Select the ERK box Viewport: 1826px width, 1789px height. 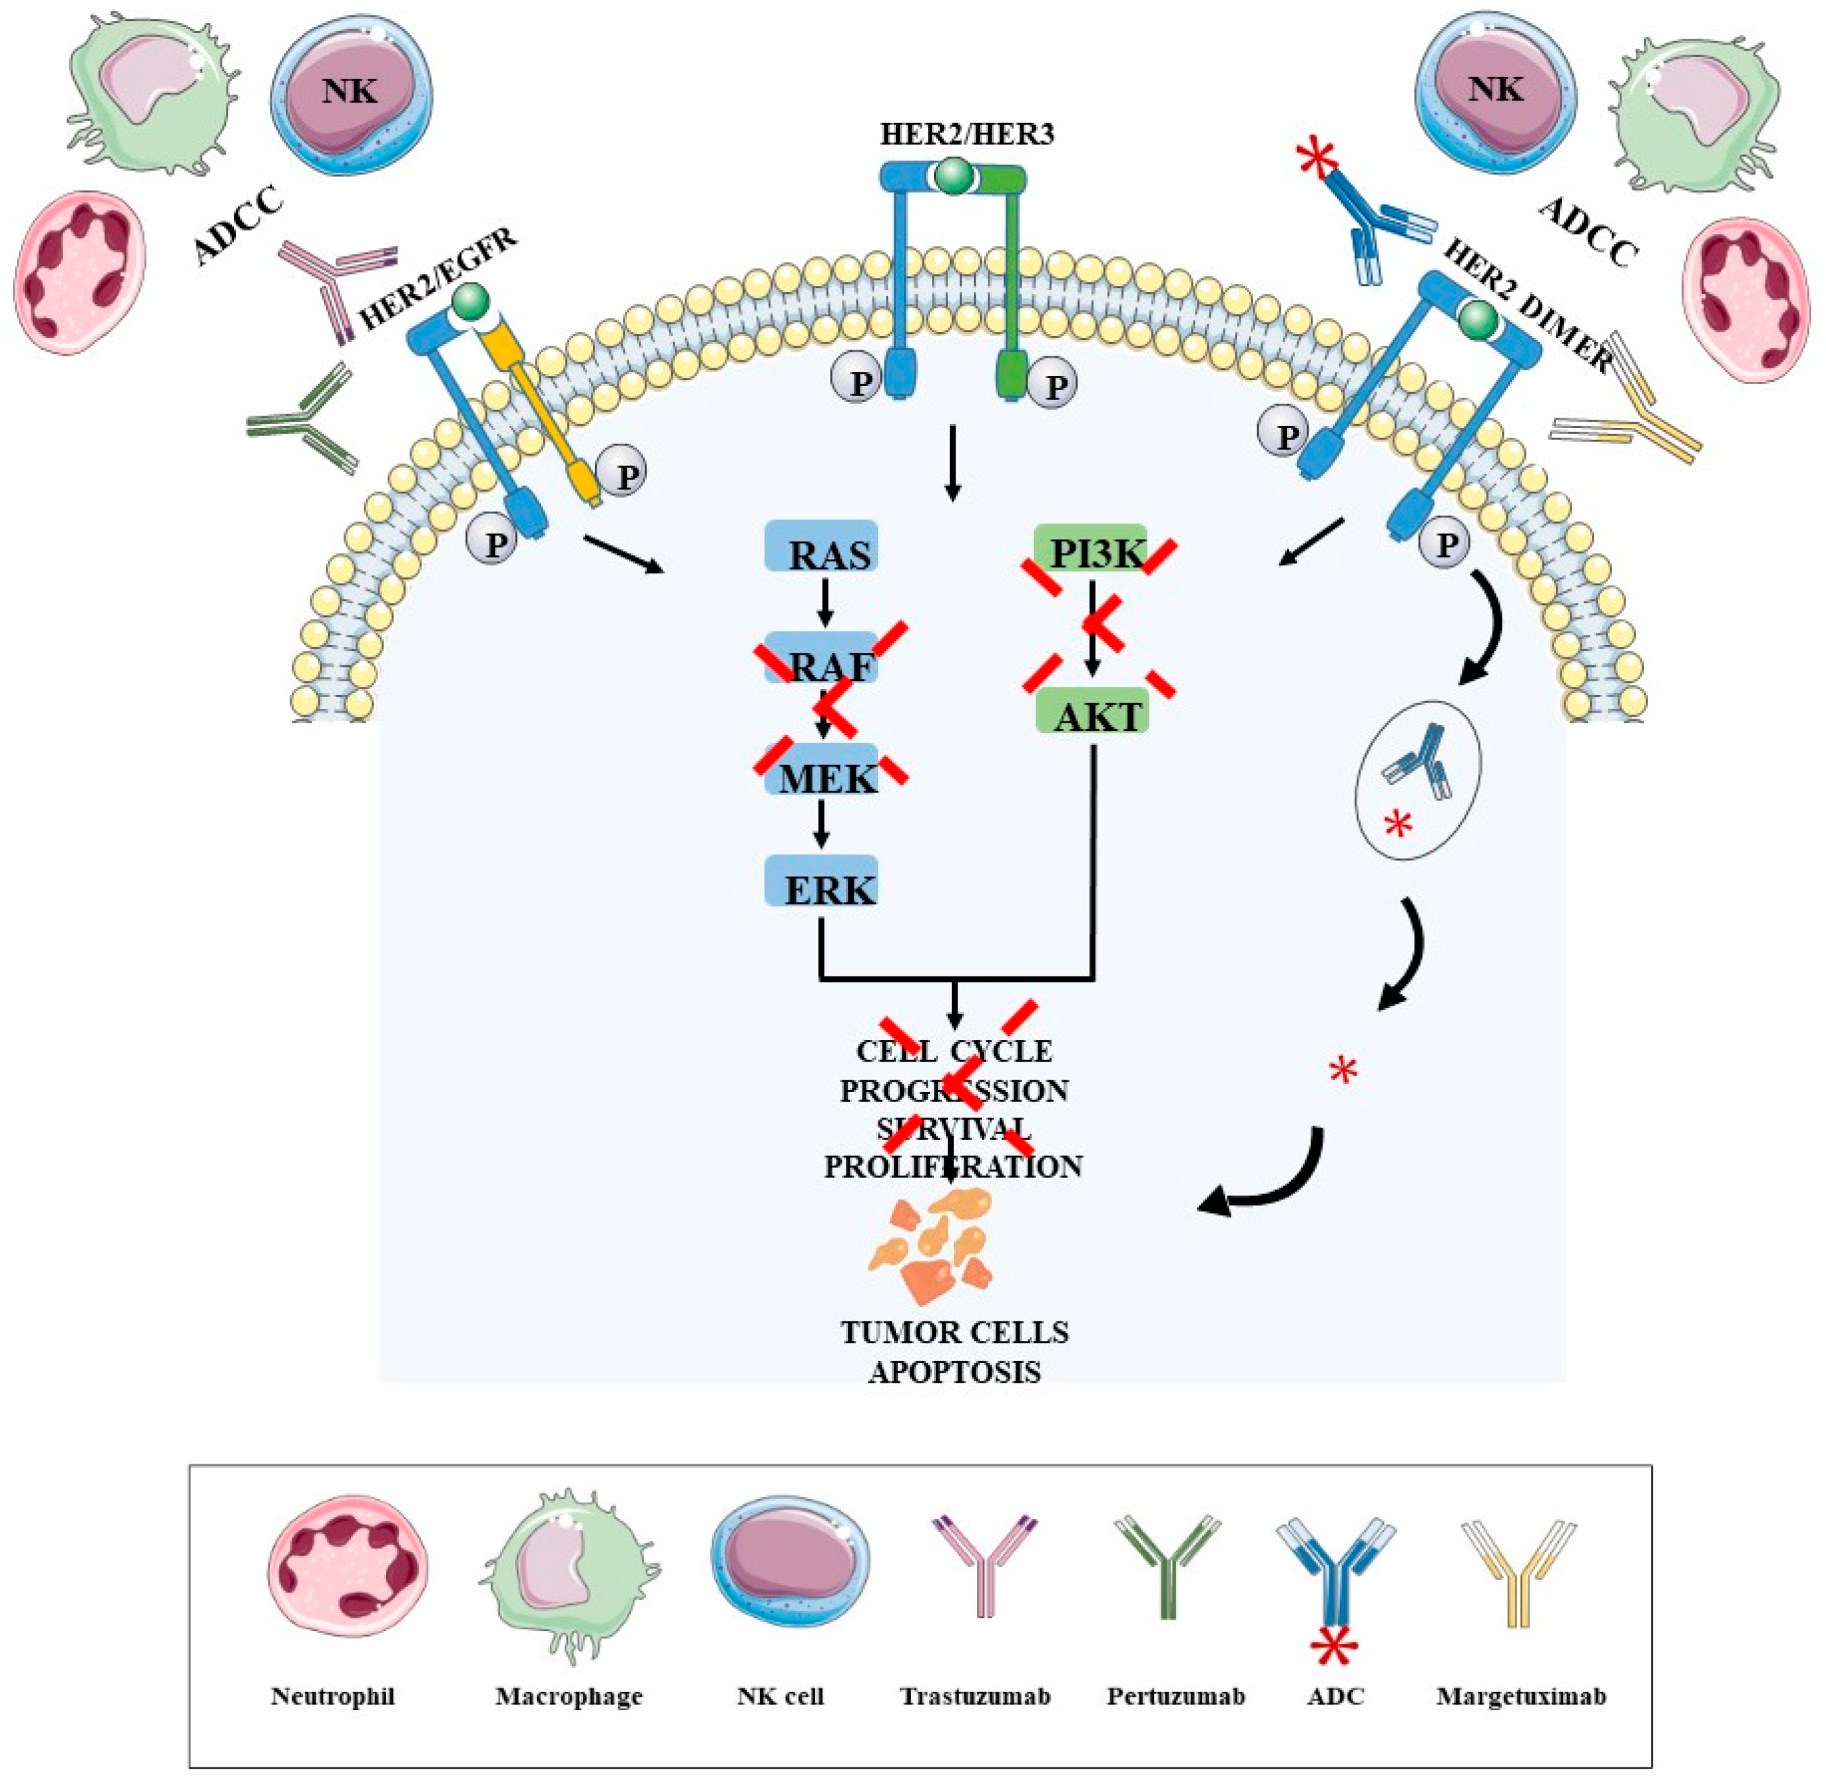[x=821, y=882]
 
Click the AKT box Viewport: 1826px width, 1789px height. [x=1090, y=714]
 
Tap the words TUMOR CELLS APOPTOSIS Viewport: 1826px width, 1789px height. [x=953, y=1351]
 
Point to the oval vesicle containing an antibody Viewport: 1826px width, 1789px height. [x=1416, y=780]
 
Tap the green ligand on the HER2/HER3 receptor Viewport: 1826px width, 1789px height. [x=952, y=175]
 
